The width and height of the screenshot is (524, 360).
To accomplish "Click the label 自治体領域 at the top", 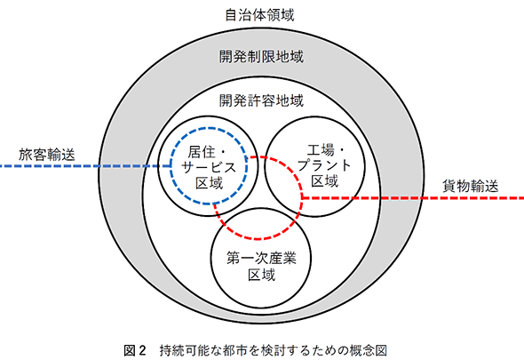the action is pyautogui.click(x=259, y=15).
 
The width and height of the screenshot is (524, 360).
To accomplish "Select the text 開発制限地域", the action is pyautogui.click(x=261, y=57).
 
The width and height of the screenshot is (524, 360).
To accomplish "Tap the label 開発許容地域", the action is pyautogui.click(x=261, y=100).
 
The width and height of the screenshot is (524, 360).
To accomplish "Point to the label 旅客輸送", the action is pyautogui.click(x=47, y=155).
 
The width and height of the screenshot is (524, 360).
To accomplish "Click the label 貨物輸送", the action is pyautogui.click(x=470, y=186).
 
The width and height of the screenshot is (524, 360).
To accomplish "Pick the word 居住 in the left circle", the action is pyautogui.click(x=202, y=152).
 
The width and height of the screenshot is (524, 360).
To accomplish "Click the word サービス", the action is pyautogui.click(x=209, y=167).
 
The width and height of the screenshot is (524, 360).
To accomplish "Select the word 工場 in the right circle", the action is pyautogui.click(x=321, y=150).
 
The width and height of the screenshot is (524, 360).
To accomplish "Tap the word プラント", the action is pyautogui.click(x=324, y=165).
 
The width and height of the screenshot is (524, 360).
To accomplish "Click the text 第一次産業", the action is pyautogui.click(x=261, y=258).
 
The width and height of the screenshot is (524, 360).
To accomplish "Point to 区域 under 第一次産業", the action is pyautogui.click(x=262, y=275).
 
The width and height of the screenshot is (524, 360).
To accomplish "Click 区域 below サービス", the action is pyautogui.click(x=210, y=183).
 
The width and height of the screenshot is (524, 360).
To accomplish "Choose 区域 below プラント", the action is pyautogui.click(x=325, y=181).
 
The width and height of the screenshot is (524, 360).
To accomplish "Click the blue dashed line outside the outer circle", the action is pyautogui.click(x=50, y=166).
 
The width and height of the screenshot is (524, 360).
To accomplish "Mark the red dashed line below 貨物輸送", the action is pyautogui.click(x=473, y=198).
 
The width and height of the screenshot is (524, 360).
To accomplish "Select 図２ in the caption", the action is pyautogui.click(x=135, y=350).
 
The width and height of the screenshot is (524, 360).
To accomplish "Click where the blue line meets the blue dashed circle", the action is pyautogui.click(x=171, y=166).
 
